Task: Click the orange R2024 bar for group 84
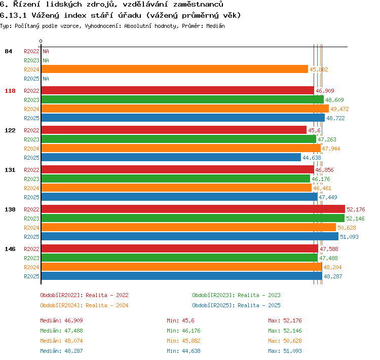[x=174, y=69]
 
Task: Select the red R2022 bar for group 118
[x=178, y=90]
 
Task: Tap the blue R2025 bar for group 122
[x=171, y=157]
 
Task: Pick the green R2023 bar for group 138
[x=193, y=218]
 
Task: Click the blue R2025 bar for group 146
[x=182, y=276]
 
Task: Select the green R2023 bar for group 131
[x=176, y=178]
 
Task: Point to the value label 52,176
[x=356, y=209]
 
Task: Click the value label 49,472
[x=339, y=109]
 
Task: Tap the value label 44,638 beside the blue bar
[x=312, y=158]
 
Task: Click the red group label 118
[x=10, y=91]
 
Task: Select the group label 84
[x=8, y=51]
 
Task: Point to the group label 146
[x=10, y=249]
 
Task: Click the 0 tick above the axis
[x=41, y=41]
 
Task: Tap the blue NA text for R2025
[x=46, y=79]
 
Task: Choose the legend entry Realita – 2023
[x=259, y=295]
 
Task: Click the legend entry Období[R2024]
[x=61, y=305]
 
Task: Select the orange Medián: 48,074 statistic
[x=61, y=341]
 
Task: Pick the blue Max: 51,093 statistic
[x=285, y=351]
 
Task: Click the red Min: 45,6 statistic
[x=180, y=320]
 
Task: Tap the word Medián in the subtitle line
[x=215, y=26]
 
